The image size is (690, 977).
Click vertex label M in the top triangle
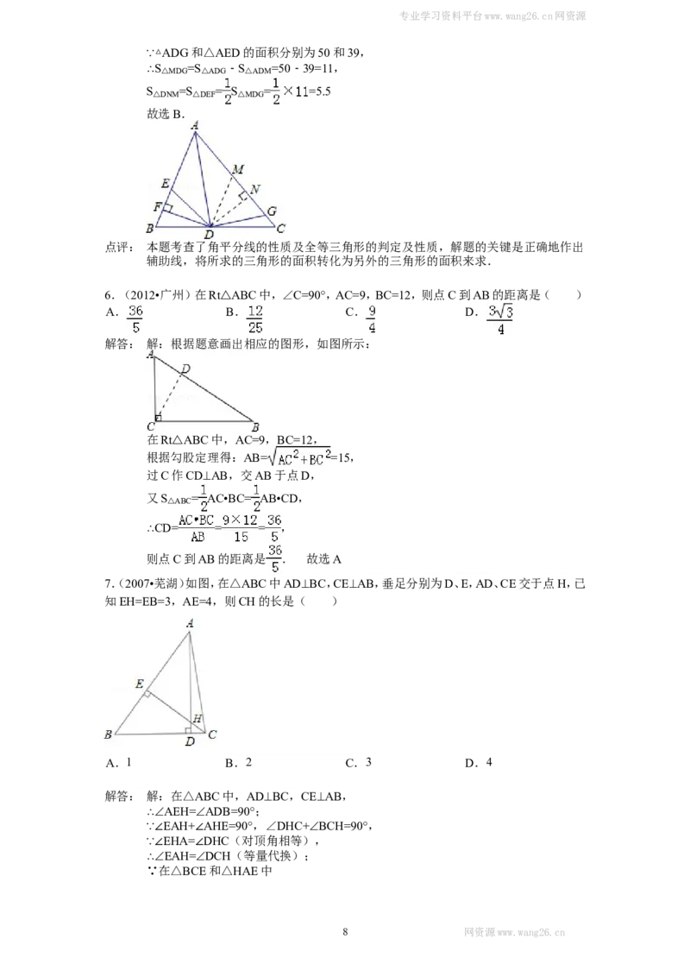coord(238,169)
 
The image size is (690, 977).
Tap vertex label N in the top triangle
coord(254,189)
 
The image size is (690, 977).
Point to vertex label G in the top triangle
coord(272,211)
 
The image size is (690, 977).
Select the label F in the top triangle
coord(158,207)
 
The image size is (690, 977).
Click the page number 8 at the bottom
coord(345,932)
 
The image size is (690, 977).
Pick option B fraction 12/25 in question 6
coord(254,319)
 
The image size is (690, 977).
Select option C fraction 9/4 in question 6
coord(371,319)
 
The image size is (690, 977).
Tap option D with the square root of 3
coord(500,319)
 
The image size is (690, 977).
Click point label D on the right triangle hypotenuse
coord(185,369)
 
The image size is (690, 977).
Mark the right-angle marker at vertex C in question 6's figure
coord(158,418)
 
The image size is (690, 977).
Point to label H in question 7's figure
coord(198,718)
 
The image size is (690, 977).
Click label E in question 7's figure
coord(140,684)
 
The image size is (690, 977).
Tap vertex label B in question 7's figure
coord(109,734)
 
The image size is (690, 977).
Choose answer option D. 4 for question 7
coord(479,763)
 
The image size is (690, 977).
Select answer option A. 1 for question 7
coord(119,763)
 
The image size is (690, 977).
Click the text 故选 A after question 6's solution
coord(323,559)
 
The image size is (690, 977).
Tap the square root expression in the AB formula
coord(299,458)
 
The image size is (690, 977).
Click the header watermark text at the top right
coord(492,16)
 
